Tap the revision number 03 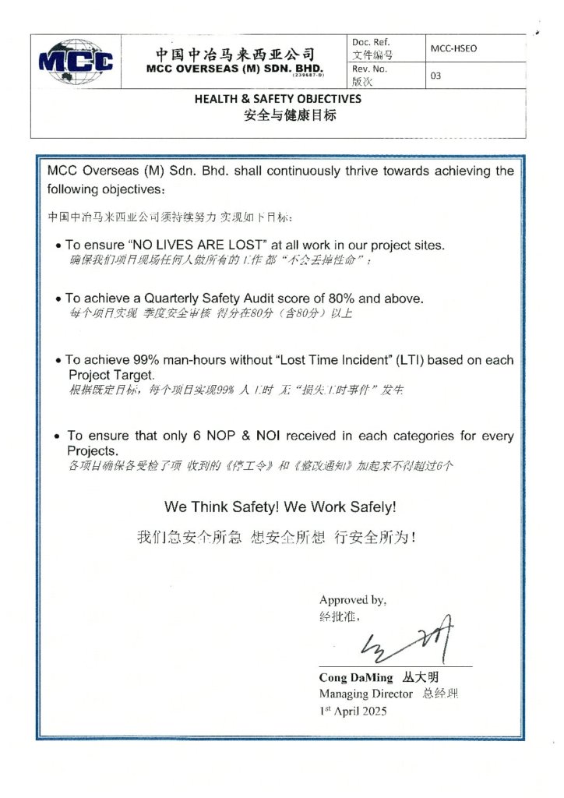coord(436,76)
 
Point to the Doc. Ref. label coord(371,42)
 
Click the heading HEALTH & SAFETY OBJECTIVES coord(277,100)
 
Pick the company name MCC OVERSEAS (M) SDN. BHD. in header coord(234,68)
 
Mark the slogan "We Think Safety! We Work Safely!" coord(280,507)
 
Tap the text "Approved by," coord(353,600)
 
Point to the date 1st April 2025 coord(353,710)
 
